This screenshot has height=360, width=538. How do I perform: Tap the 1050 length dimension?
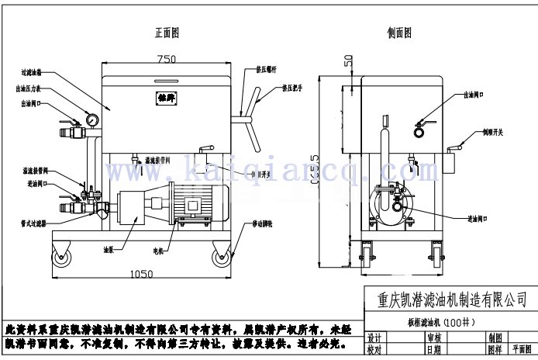[x=140, y=273]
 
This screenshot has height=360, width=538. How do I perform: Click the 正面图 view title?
[x=167, y=33]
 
